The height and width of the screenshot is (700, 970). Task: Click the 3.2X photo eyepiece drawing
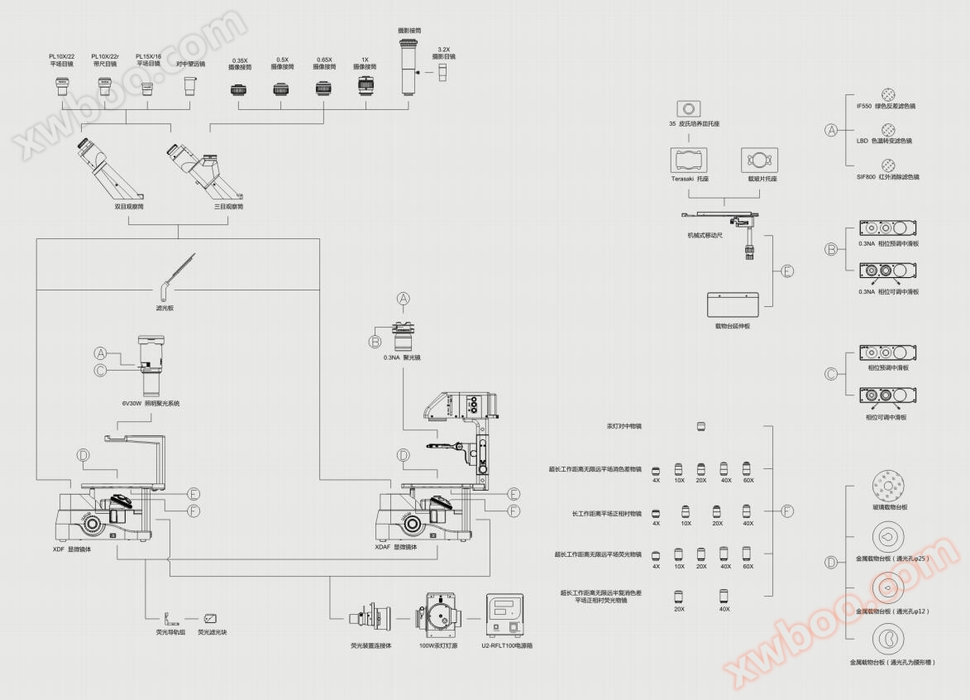pos(443,74)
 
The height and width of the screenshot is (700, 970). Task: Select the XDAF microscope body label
pos(396,548)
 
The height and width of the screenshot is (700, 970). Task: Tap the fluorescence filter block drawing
pos(211,618)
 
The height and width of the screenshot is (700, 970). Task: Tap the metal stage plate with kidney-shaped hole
pos(888,639)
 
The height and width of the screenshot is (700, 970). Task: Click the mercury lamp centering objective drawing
pos(701,426)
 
